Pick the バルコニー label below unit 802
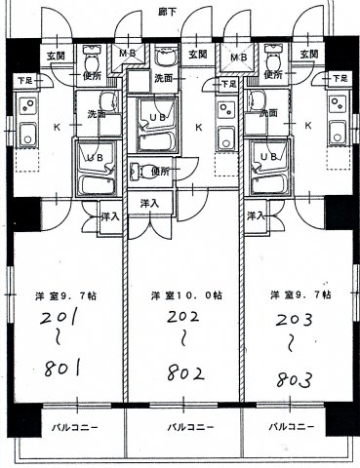pos(182,428)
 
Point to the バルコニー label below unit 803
pos(292,427)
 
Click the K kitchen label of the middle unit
pos(199,127)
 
